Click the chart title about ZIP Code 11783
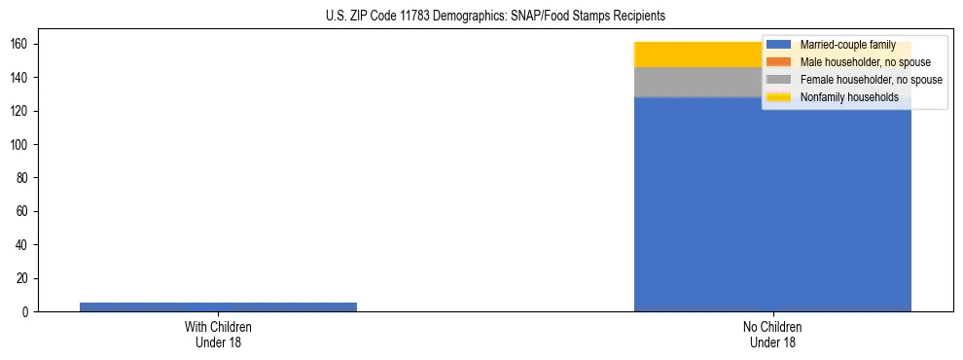point(481,17)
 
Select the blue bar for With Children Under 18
point(218,306)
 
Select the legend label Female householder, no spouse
point(871,80)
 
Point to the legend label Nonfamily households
point(842,97)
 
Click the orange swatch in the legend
point(780,62)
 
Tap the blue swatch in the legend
point(780,45)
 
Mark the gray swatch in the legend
point(780,80)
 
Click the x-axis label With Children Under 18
point(218,335)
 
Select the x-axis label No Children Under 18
point(772,335)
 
